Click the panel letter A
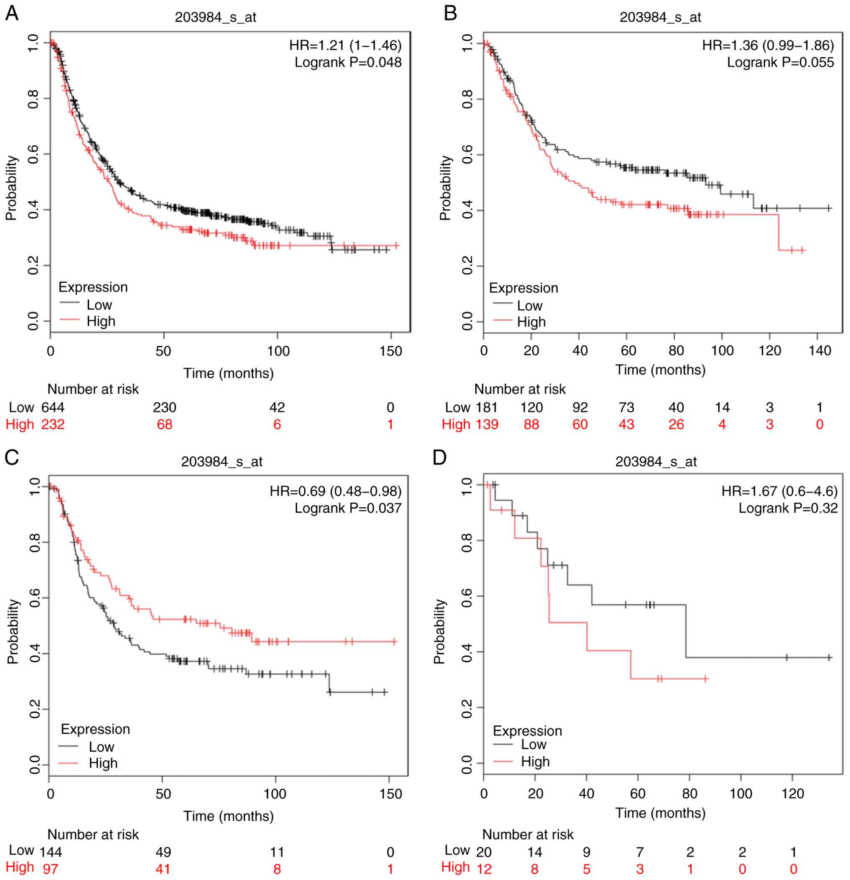pos(12,13)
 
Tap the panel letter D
pos(439,458)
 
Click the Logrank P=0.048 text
pos(348,62)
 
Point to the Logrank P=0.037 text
pos(348,508)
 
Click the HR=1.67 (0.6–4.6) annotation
pos(779,491)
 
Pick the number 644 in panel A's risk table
pos(53,407)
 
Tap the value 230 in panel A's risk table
pos(164,407)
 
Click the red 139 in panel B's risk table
pos(486,424)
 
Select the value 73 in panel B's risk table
pos(626,407)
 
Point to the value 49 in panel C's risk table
pos(163,852)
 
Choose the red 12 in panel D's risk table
pos(484,868)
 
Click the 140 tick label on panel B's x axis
pos(820,350)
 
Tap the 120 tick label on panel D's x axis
pos(793,793)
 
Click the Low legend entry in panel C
pos(101,747)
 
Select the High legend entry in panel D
pos(535,762)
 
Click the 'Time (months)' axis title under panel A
pos(228,373)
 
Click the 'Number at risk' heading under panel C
pos(93,834)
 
